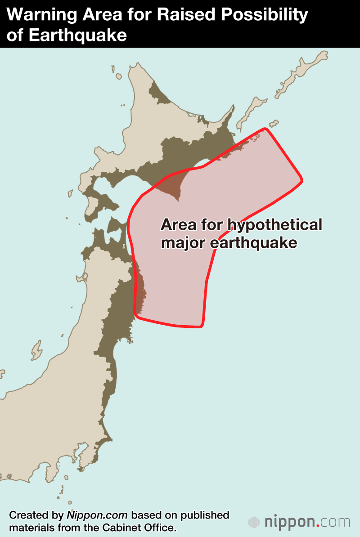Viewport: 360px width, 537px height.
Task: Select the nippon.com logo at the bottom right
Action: (x=299, y=522)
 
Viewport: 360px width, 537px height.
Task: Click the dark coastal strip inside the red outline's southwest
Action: (x=140, y=292)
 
